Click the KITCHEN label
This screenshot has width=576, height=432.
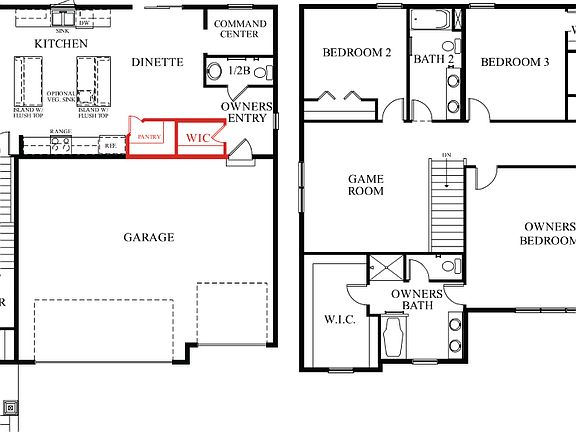click(x=61, y=44)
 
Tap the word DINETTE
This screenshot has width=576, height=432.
click(x=157, y=62)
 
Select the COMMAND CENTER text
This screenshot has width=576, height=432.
click(x=240, y=29)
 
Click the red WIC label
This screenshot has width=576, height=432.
click(x=199, y=137)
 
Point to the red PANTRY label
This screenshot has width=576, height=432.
click(x=150, y=137)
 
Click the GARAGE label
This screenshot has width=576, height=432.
click(x=149, y=237)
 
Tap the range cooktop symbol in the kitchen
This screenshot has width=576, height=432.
click(x=60, y=145)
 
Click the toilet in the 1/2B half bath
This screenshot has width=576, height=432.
click(x=214, y=71)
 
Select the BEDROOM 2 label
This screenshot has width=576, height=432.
click(x=356, y=53)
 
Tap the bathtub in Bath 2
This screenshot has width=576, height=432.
click(x=433, y=20)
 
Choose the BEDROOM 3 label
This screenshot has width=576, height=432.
click(x=515, y=62)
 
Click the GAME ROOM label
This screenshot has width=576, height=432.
click(x=366, y=185)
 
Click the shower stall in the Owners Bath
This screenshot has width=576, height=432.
click(x=385, y=269)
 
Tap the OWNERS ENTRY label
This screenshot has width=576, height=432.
click(x=245, y=113)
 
